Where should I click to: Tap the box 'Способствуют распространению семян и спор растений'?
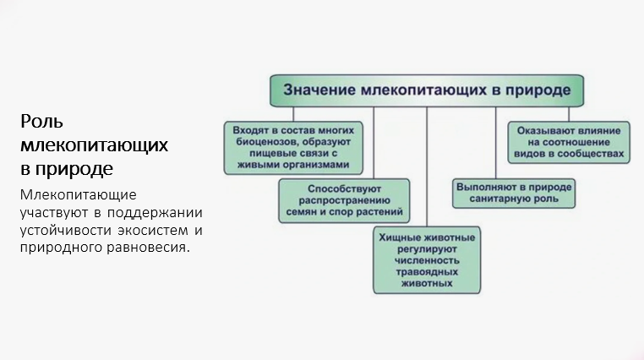pyautogui.click(x=344, y=200)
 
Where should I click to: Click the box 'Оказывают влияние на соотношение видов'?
pyautogui.click(x=568, y=142)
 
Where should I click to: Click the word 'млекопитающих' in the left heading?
pyautogui.click(x=95, y=145)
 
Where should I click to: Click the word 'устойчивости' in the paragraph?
pyautogui.click(x=64, y=230)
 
